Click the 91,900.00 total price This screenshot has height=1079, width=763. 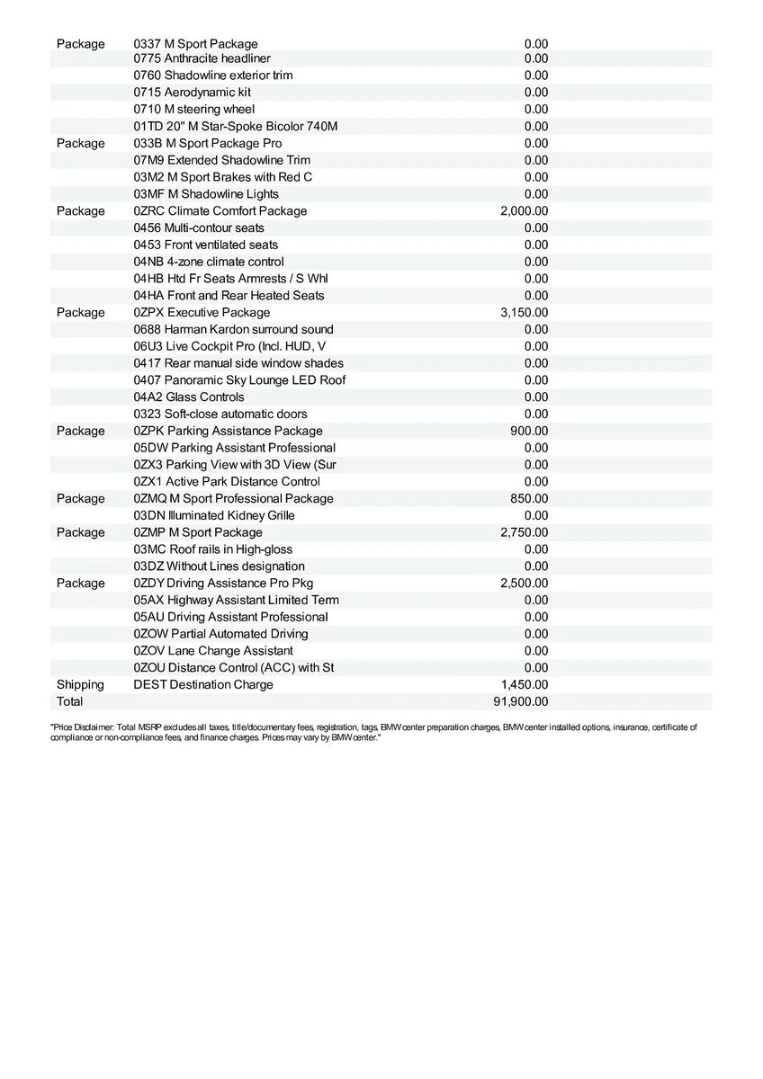521,701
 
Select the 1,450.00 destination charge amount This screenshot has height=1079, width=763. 524,684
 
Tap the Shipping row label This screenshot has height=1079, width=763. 80,684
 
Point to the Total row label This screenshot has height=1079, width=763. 69,701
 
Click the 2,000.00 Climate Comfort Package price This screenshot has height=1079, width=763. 524,211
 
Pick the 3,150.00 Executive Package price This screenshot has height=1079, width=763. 524,313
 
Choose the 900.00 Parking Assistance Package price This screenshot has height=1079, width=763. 529,431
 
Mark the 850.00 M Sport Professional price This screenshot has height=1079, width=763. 529,498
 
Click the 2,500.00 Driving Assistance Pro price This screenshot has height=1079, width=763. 524,583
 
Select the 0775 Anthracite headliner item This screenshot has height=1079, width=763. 202,58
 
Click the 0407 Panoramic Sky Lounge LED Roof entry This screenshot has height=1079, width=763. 239,379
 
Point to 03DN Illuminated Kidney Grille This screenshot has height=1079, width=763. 214,515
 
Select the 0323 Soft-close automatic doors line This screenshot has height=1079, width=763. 220,414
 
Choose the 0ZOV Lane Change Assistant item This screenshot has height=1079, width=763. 213,650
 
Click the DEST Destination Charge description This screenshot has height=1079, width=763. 203,684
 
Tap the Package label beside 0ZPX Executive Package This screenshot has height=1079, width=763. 80,313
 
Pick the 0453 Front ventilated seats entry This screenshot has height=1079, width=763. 206,245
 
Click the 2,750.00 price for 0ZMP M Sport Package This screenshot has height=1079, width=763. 524,532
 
